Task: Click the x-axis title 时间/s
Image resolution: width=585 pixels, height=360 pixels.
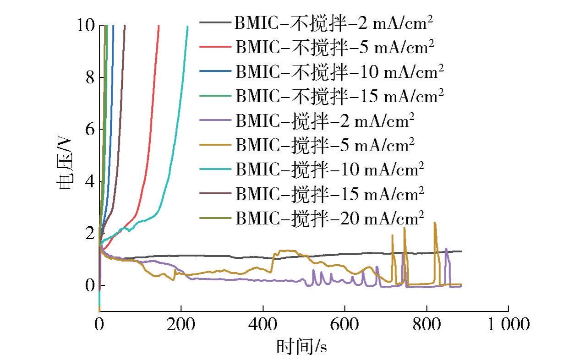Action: (301, 346)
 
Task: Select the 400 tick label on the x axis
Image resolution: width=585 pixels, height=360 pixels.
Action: (263, 324)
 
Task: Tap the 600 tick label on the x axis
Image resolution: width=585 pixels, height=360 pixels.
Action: (344, 324)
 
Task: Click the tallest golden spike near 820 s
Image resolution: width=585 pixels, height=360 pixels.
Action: (434, 223)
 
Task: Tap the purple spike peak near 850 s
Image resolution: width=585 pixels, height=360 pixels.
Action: (446, 249)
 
